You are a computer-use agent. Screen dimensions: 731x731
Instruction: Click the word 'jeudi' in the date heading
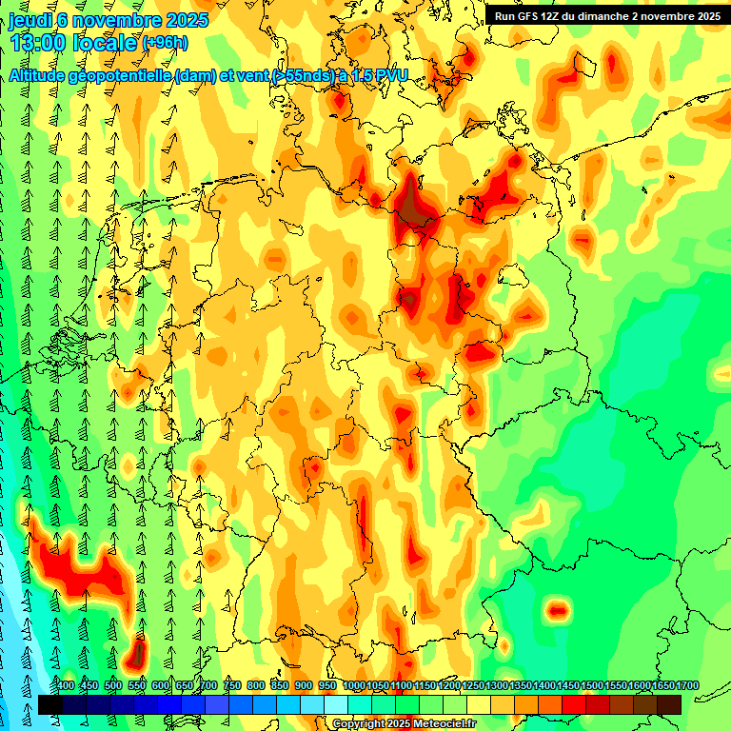(x=28, y=21)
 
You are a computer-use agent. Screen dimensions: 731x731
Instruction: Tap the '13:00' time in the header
(x=42, y=43)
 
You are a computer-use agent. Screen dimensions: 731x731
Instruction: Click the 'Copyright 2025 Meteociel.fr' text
(x=405, y=724)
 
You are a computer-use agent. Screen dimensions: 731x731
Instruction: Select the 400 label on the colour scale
(x=66, y=686)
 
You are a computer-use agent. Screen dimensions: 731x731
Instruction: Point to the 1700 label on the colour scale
(x=662, y=686)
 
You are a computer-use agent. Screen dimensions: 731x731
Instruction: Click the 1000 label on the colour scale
(x=353, y=686)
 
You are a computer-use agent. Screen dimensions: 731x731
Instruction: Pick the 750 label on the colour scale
(x=231, y=686)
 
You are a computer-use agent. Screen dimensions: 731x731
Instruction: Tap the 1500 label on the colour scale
(x=567, y=686)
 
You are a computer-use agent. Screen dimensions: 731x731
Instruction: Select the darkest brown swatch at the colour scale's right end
(x=669, y=704)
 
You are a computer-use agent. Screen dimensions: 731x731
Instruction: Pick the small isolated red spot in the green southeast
(x=558, y=610)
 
